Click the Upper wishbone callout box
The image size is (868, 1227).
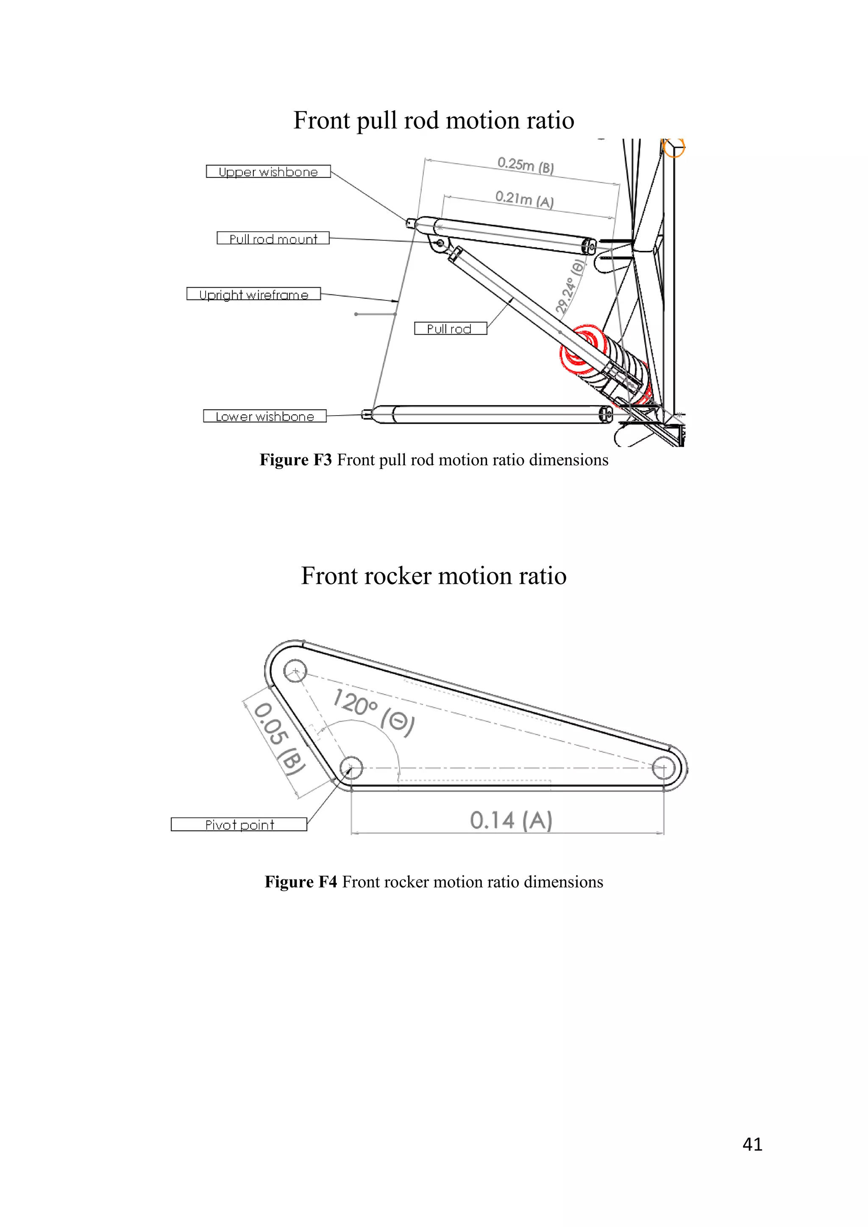(268, 172)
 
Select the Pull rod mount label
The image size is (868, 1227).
(273, 239)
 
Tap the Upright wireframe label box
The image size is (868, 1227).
(254, 294)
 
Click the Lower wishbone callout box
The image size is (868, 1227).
(265, 416)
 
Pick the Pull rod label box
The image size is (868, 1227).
(450, 329)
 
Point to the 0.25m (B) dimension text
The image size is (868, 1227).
(526, 165)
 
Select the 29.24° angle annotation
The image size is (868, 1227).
(569, 287)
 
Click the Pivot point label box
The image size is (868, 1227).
(239, 824)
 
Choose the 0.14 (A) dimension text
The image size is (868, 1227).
(511, 820)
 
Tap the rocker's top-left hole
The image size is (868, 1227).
(295, 671)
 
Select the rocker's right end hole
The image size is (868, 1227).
(664, 769)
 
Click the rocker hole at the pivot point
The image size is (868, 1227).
(351, 768)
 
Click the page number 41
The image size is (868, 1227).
(752, 1144)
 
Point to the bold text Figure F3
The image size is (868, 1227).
(295, 460)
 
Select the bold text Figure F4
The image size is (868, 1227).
(301, 882)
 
